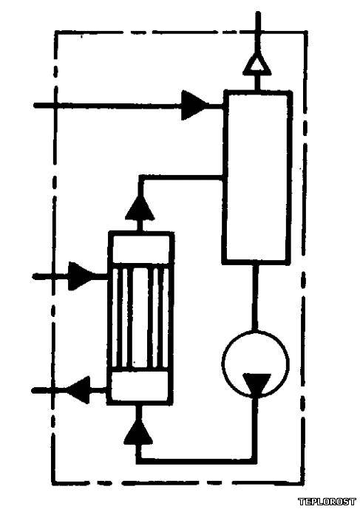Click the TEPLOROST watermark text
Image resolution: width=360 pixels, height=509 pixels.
[x=327, y=501]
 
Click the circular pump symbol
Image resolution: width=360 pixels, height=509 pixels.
[x=255, y=363]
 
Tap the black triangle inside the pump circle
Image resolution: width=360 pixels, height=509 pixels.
[x=257, y=384]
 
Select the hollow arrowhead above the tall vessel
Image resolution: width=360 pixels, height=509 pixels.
[x=257, y=64]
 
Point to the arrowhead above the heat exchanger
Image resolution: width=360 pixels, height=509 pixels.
[x=140, y=208]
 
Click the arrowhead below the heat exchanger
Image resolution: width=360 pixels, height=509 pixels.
[x=138, y=432]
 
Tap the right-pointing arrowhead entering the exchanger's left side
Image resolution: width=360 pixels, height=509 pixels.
[x=81, y=276]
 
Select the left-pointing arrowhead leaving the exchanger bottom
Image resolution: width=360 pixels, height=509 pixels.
[x=78, y=389]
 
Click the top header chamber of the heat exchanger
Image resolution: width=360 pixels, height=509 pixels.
[x=140, y=249]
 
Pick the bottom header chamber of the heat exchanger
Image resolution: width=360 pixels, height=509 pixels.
[x=140, y=388]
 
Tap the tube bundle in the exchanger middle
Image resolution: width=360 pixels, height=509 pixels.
[x=140, y=319]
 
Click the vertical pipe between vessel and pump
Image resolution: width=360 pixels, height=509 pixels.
[x=256, y=297]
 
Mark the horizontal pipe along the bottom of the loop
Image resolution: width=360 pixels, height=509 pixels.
[x=197, y=460]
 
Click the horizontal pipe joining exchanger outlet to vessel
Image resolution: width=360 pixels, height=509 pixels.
[x=181, y=178]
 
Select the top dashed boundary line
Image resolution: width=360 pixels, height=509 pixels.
[x=180, y=33]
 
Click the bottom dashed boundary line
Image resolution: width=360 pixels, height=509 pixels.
[x=178, y=482]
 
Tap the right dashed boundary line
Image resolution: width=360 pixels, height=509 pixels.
[x=304, y=257]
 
